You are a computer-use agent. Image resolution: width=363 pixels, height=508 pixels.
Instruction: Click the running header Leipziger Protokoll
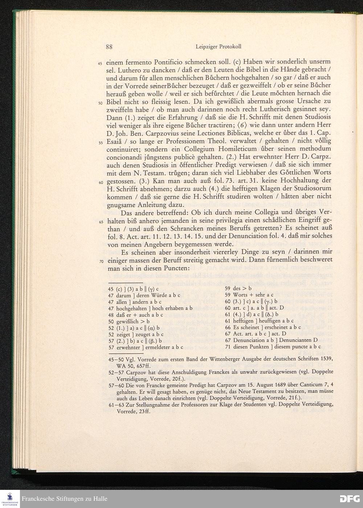(x=218, y=46)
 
